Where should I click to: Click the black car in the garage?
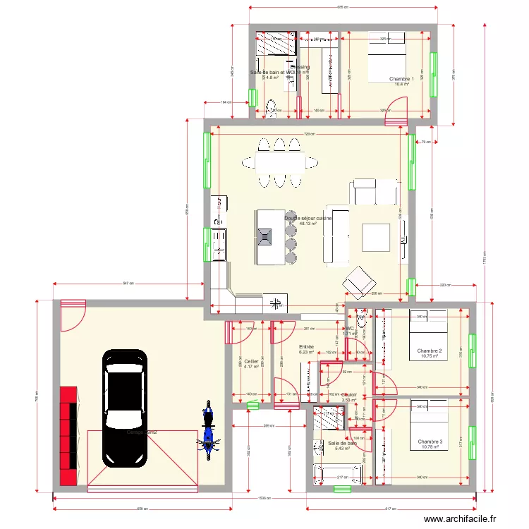[126, 408]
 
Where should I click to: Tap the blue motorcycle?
[208, 431]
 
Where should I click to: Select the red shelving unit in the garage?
[69, 436]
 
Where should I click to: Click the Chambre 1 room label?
[402, 79]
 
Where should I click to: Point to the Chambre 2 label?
[430, 351]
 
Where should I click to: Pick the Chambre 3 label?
[430, 442]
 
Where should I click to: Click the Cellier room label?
[251, 361]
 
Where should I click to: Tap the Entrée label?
[306, 347]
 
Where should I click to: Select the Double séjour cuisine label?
[308, 219]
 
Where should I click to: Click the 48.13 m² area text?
[308, 224]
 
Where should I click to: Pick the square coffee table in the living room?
[376, 237]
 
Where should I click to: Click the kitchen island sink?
[266, 236]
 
